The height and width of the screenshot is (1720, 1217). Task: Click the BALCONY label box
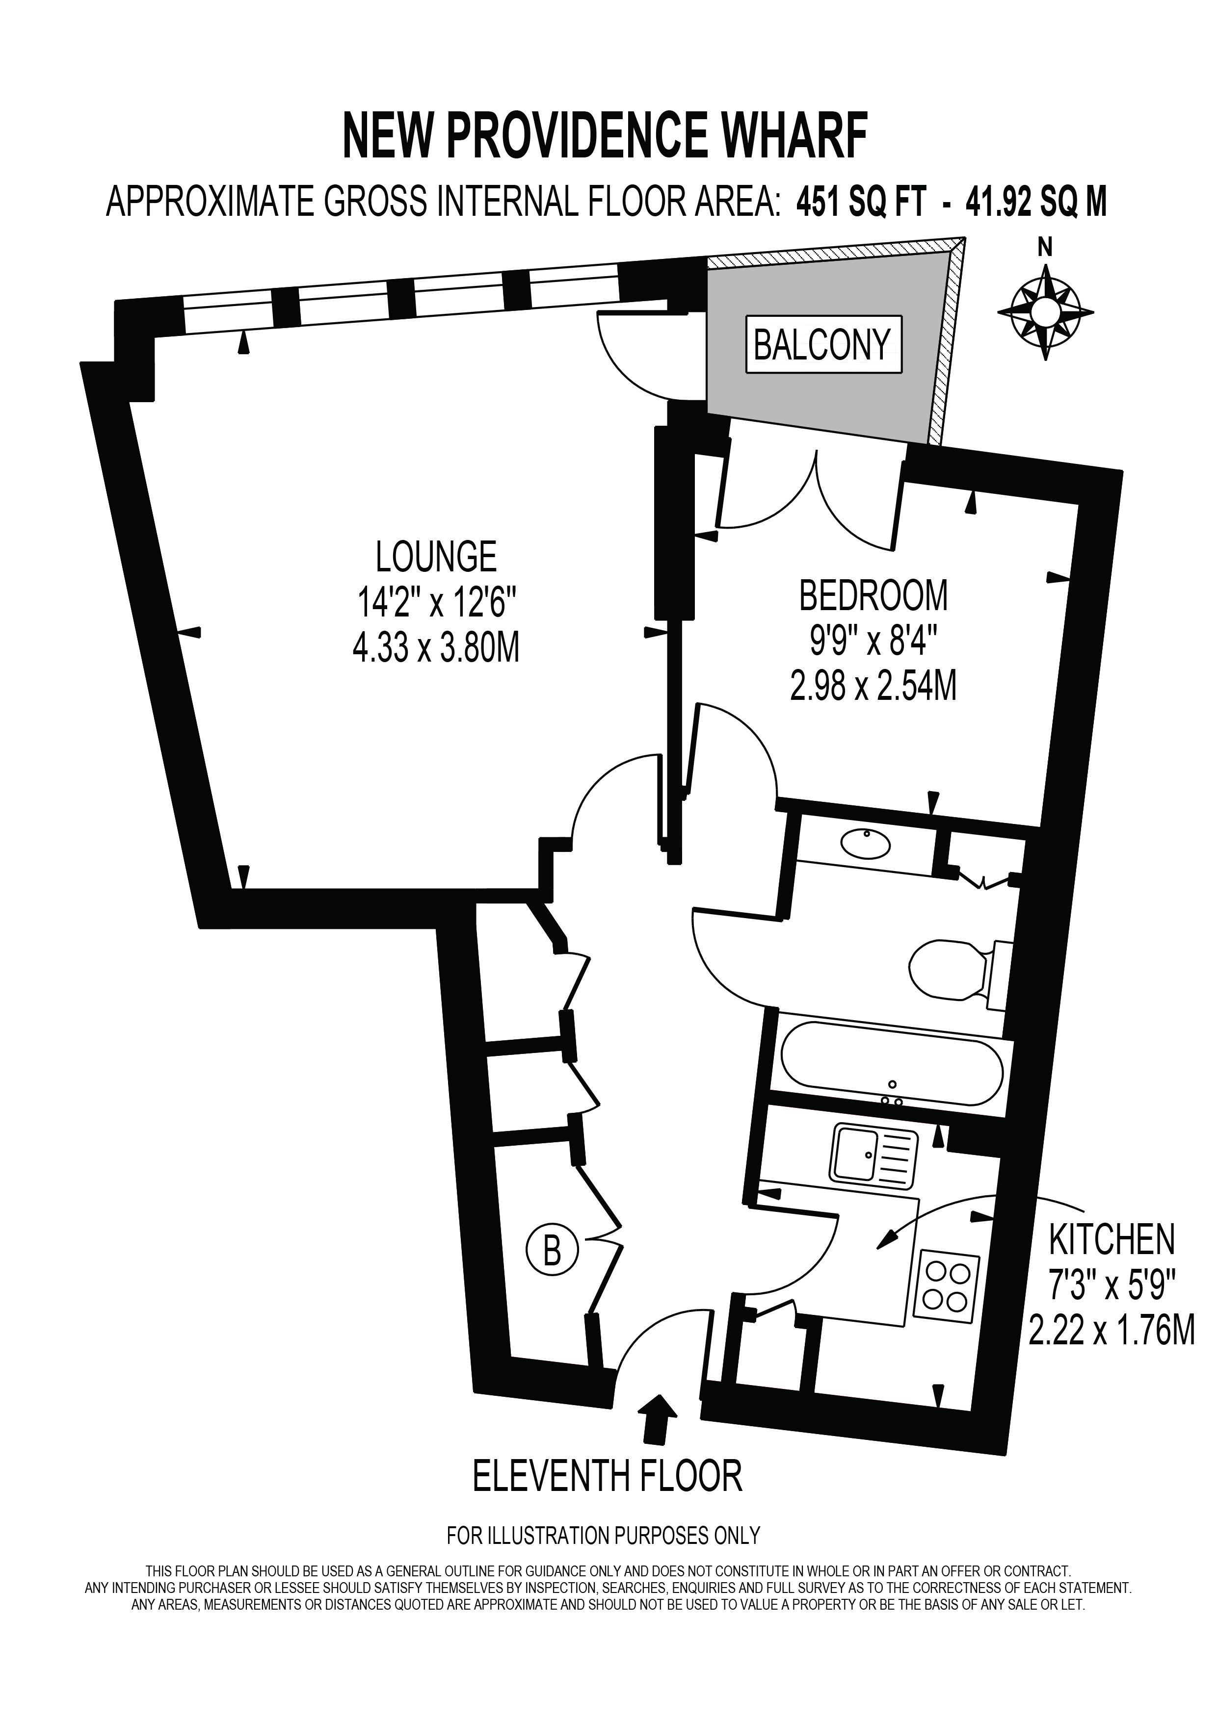[x=823, y=345]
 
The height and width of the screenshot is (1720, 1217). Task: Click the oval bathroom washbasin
[x=866, y=844]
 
